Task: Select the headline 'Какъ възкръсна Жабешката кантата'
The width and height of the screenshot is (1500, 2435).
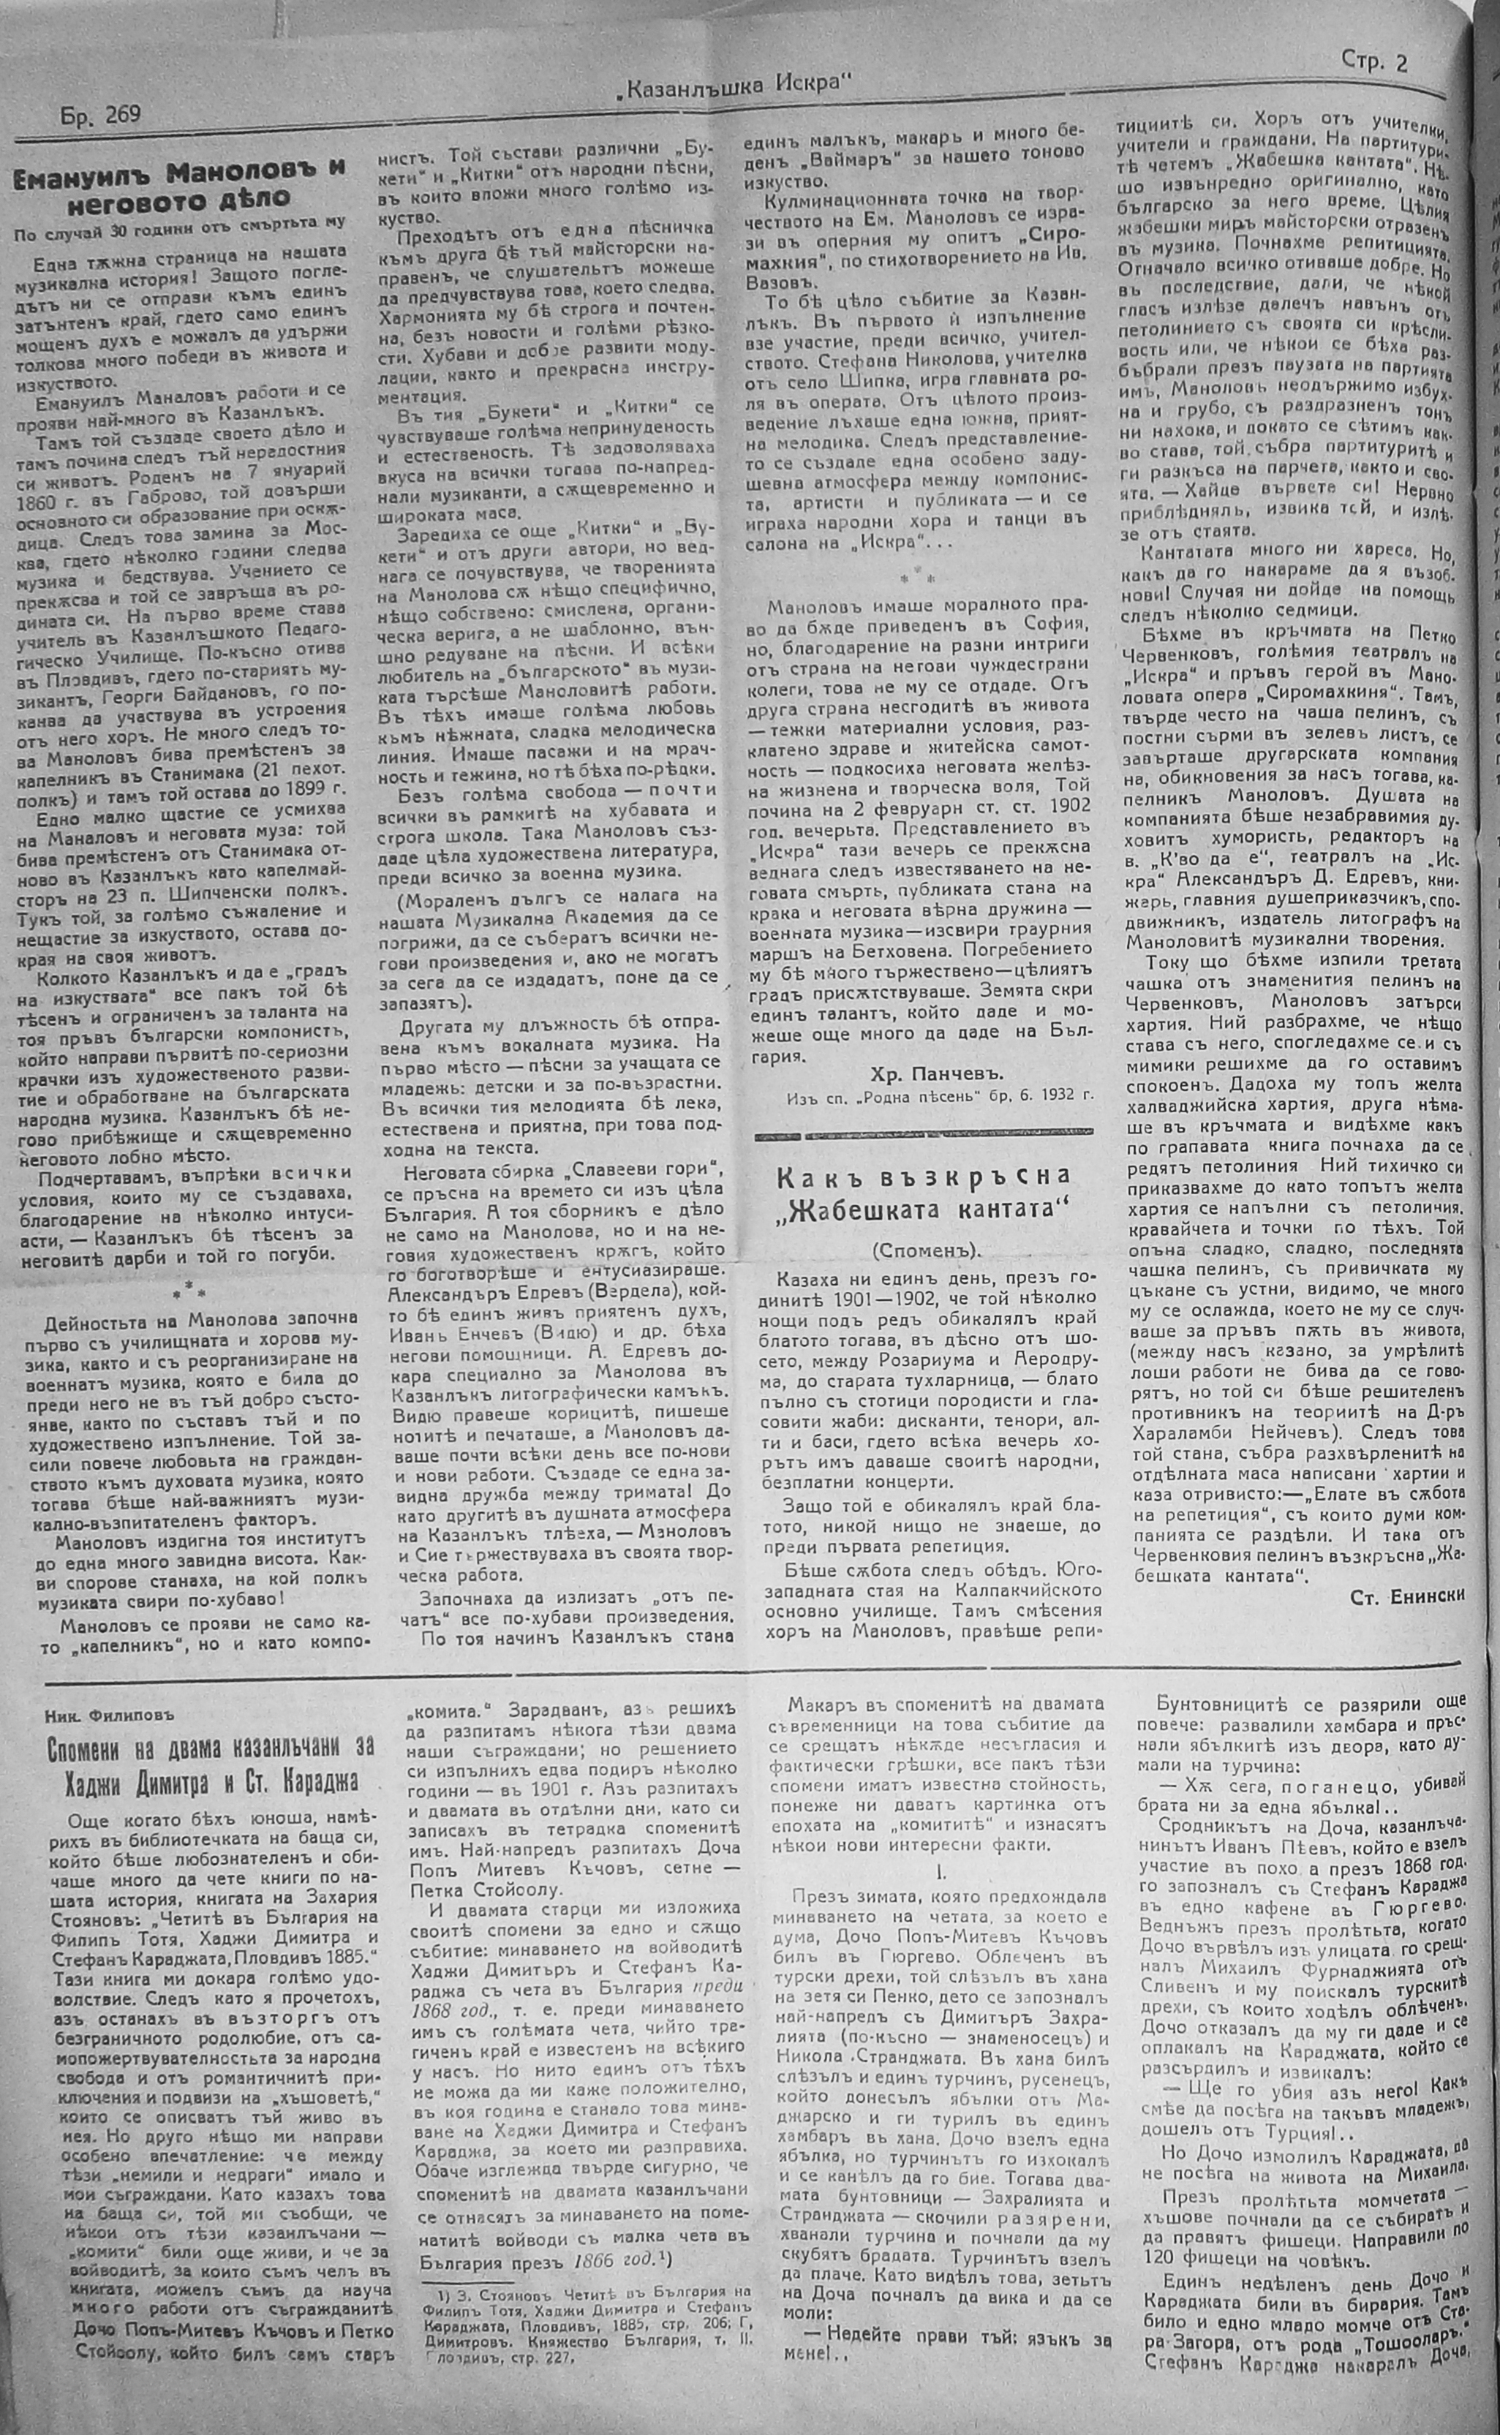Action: [923, 1195]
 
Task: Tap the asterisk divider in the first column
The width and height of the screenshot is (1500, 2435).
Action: [189, 1292]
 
